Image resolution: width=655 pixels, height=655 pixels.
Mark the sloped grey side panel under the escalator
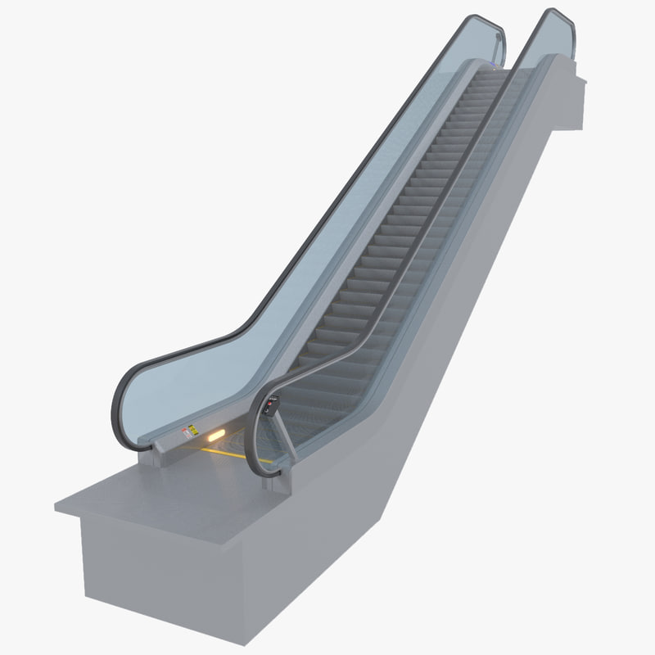tap(458, 311)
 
